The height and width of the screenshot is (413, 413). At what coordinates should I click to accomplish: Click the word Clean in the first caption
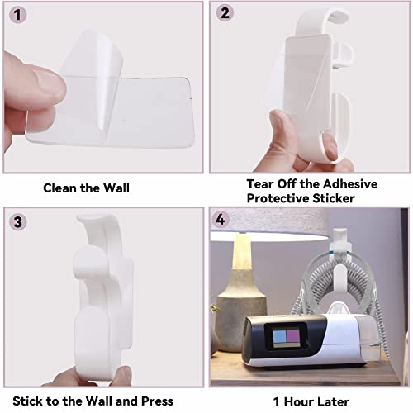(x=63, y=188)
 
